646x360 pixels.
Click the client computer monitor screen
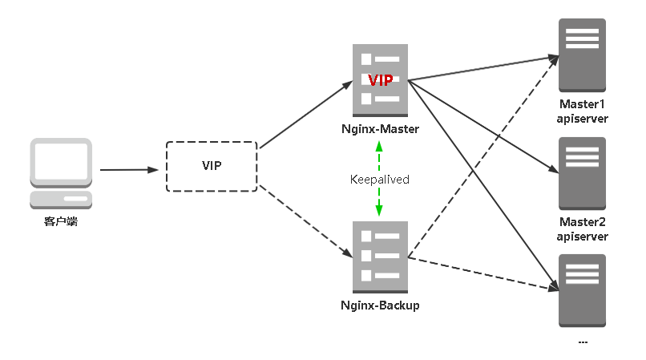[60, 160]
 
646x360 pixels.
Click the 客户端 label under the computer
[61, 221]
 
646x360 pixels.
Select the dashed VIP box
[212, 166]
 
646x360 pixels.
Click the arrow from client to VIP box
[128, 169]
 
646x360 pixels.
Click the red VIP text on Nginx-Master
[380, 79]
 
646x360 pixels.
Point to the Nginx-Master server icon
[380, 79]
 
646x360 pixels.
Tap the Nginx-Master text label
[380, 128]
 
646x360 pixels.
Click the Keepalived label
[380, 179]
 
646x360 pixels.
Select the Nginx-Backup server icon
[380, 256]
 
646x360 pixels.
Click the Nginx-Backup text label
[380, 305]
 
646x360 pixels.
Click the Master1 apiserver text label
[583, 112]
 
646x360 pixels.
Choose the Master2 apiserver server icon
[583, 172]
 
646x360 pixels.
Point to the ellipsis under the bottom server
[583, 342]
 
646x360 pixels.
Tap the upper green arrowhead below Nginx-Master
[380, 148]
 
